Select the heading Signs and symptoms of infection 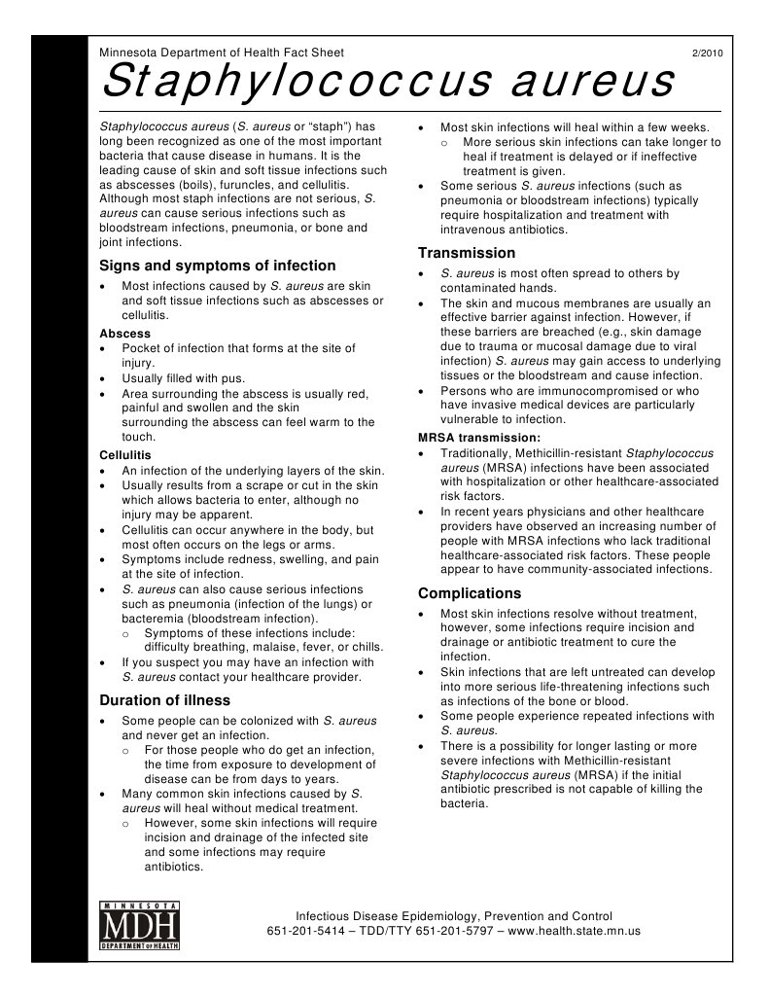(219, 266)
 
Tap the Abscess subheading (125, 333)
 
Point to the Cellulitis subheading (125, 454)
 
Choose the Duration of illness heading (165, 700)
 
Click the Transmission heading (467, 253)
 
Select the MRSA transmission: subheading (472, 438)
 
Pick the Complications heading (470, 593)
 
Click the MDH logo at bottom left (140, 924)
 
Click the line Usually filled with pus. (183, 378)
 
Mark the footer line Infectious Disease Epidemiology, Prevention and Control (454, 916)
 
